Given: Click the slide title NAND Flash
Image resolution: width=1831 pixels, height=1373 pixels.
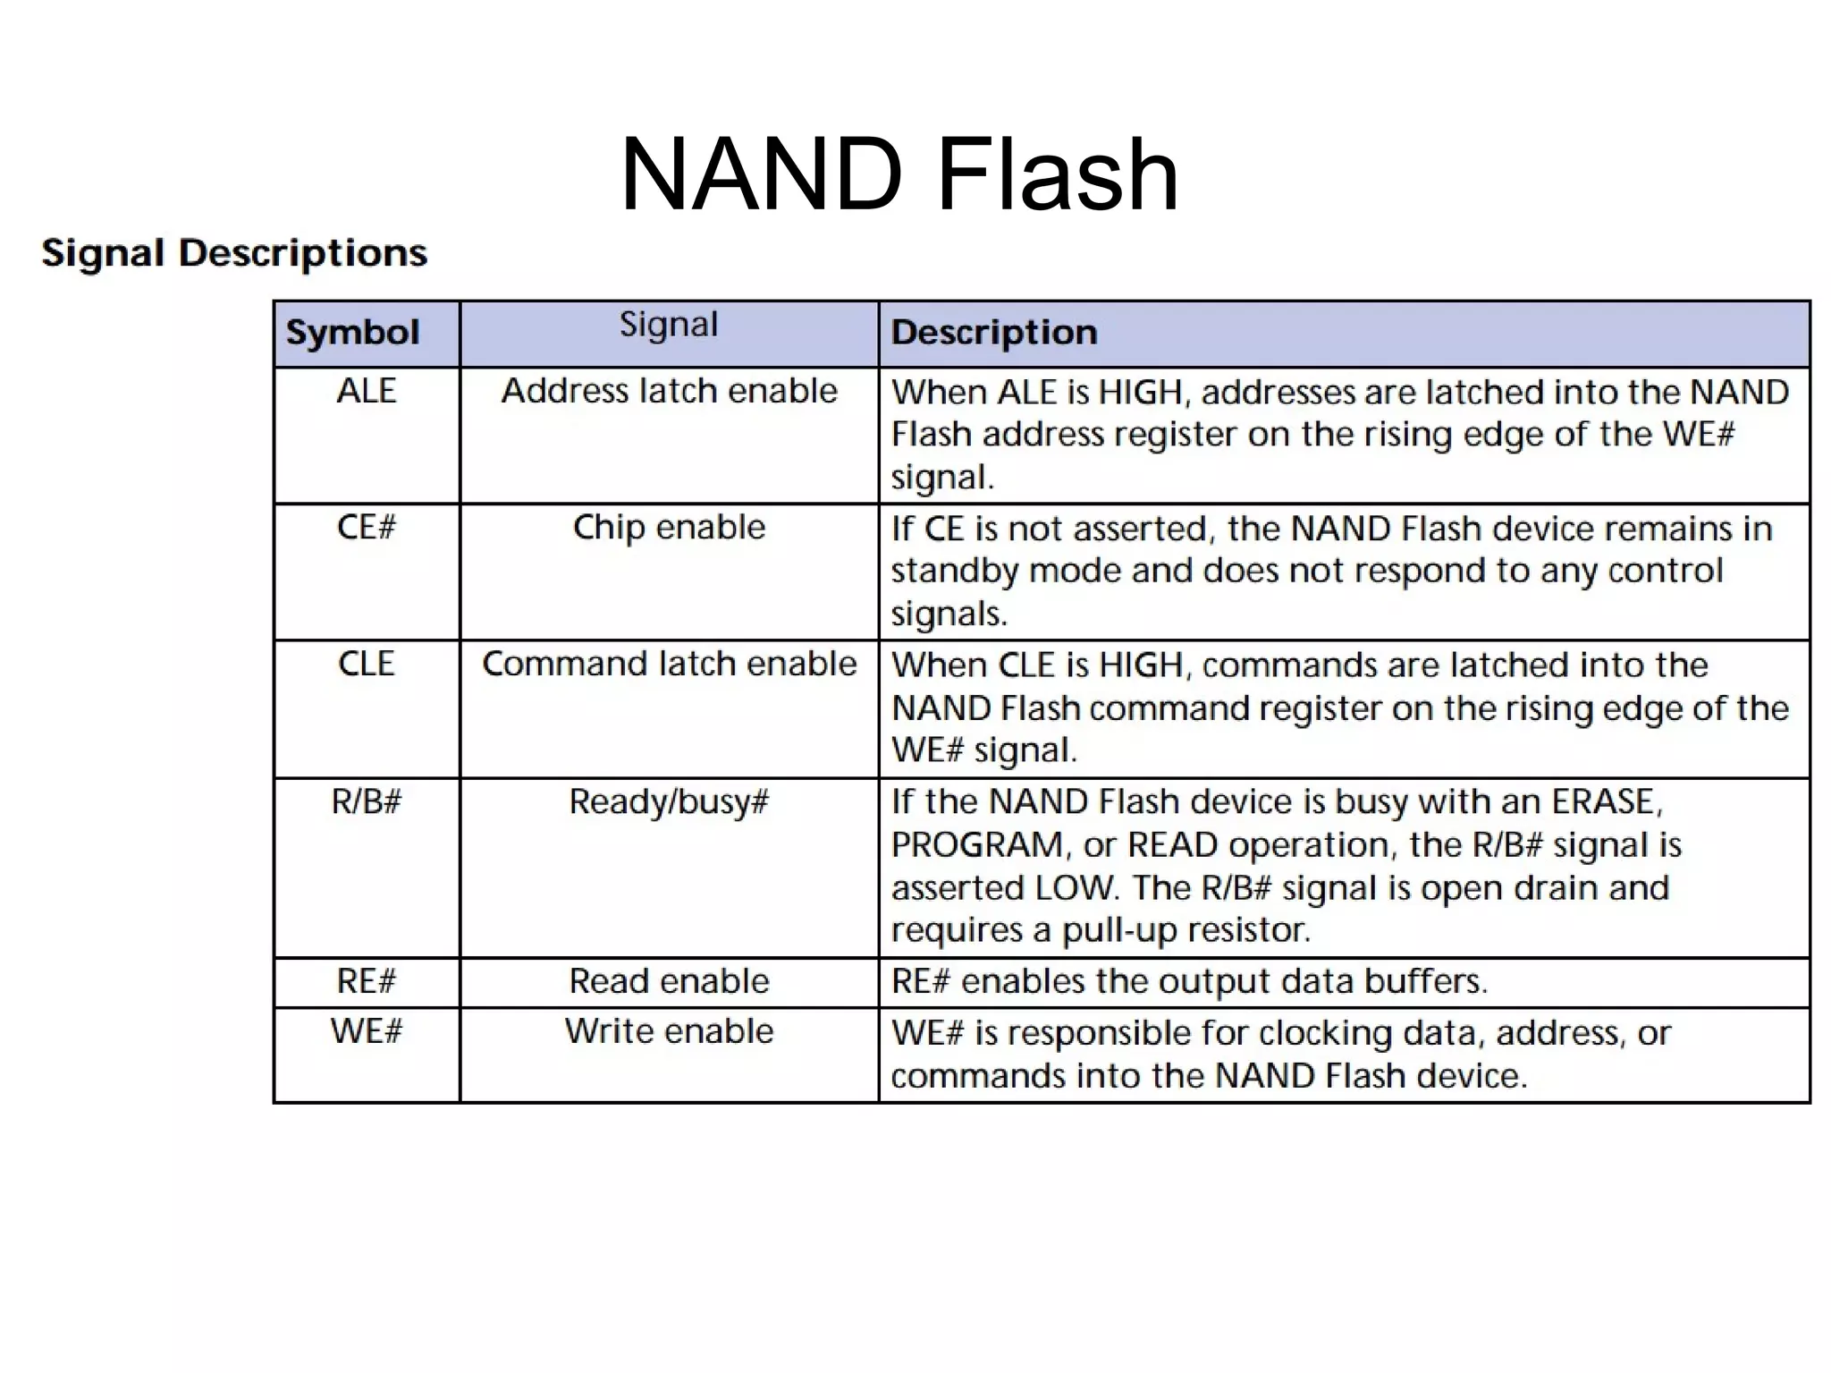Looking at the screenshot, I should (x=899, y=174).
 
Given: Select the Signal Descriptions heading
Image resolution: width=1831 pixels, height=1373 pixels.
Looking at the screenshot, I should (x=234, y=253).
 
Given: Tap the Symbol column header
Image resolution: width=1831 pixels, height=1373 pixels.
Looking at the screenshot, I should (x=352, y=333).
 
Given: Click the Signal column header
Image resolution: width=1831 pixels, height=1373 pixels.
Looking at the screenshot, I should (x=669, y=325).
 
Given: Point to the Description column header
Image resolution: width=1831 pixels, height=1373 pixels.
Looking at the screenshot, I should (x=994, y=333).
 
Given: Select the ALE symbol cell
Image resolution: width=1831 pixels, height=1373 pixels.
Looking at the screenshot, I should (x=366, y=391).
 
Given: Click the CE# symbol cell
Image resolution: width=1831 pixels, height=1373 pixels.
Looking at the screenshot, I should (x=366, y=527).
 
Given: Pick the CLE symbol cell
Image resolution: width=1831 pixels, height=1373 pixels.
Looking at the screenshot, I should (x=366, y=664).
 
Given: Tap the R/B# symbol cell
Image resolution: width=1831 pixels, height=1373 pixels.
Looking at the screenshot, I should (x=366, y=801).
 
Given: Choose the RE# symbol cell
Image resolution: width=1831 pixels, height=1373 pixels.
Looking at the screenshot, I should (x=366, y=981).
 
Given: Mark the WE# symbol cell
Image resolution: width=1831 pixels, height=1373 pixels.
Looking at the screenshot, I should (x=366, y=1031).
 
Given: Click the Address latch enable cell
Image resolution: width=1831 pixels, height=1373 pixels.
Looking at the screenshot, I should (x=669, y=391).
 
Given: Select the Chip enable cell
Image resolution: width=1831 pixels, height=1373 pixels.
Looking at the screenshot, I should (x=669, y=527).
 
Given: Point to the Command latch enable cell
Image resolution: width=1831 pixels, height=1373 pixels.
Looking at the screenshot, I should (x=669, y=664).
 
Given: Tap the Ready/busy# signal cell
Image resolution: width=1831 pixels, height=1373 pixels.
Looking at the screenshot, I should (x=669, y=801).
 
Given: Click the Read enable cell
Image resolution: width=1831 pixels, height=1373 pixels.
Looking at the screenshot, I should (x=669, y=981).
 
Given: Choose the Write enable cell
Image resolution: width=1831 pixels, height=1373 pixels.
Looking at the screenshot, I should (x=669, y=1031).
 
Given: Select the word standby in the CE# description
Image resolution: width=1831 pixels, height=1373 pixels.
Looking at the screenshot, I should (x=955, y=571).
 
